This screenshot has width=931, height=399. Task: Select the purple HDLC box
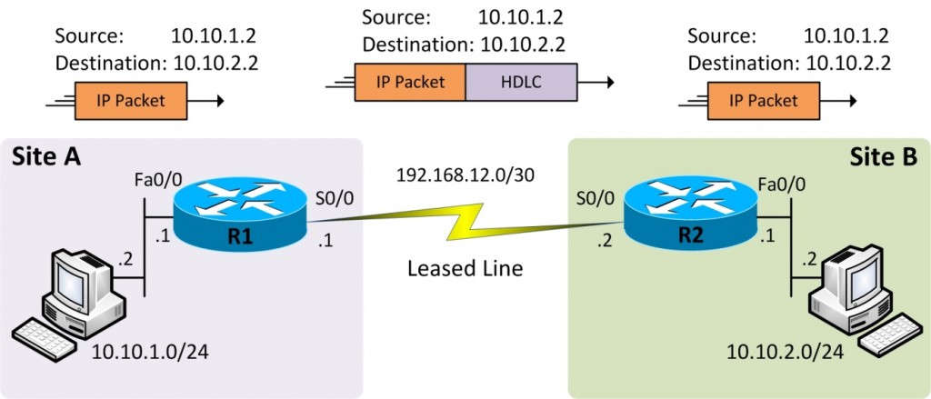[521, 82]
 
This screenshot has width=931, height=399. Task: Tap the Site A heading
[46, 157]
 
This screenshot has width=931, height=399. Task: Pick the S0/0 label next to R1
[331, 196]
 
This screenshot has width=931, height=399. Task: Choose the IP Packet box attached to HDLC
[410, 82]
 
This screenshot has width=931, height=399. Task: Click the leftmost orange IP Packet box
[131, 100]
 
